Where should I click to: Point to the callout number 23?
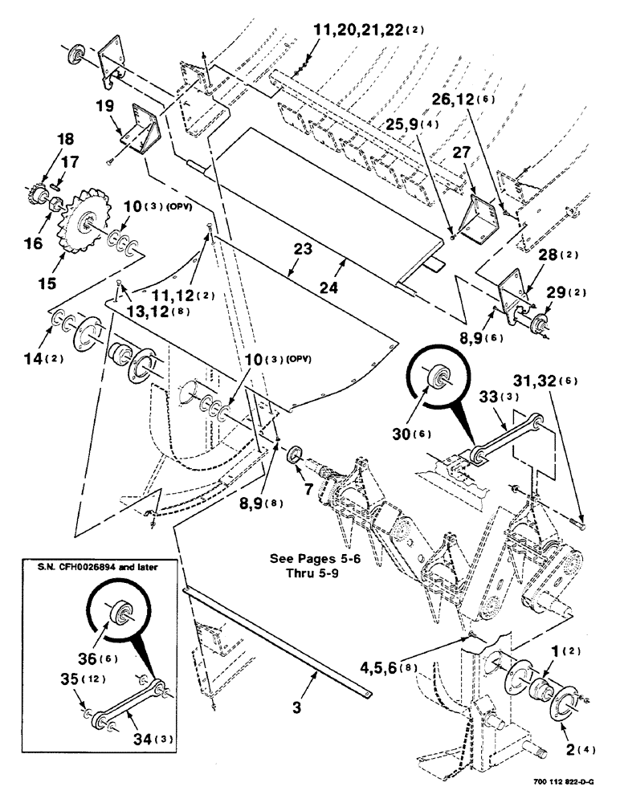click(302, 250)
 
